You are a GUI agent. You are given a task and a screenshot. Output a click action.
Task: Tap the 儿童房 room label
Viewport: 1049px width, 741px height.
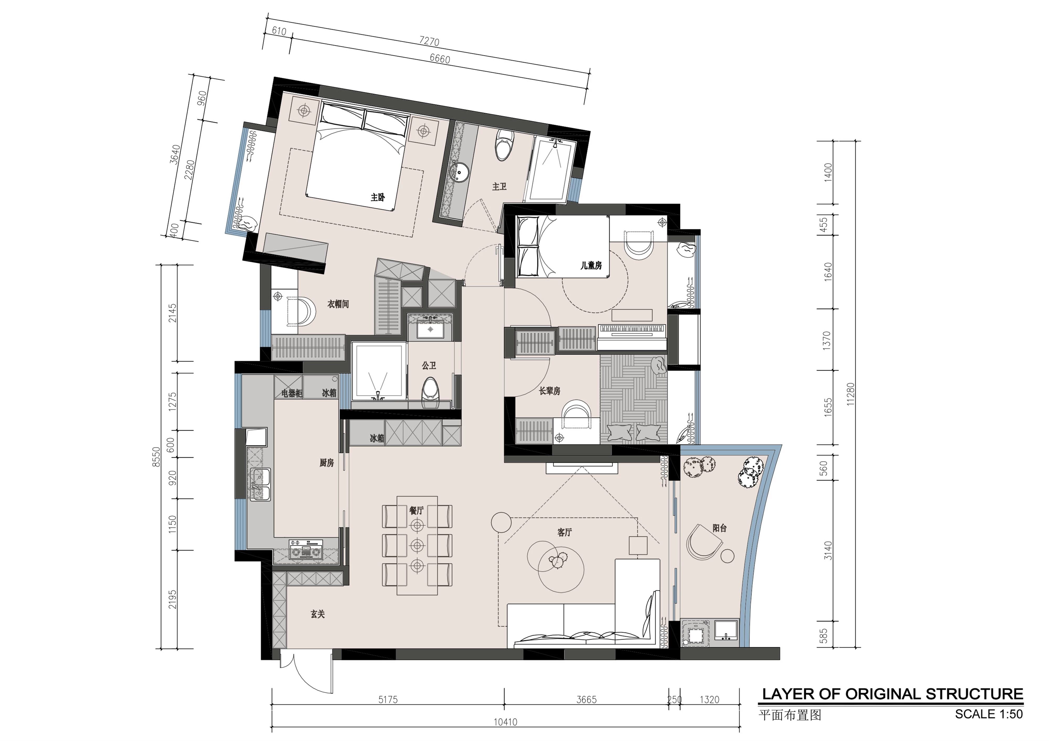click(591, 265)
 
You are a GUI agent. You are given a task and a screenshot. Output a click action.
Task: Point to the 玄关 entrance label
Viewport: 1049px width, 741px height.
click(318, 615)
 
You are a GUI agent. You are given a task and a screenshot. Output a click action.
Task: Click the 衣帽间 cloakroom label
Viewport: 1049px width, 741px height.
click(338, 304)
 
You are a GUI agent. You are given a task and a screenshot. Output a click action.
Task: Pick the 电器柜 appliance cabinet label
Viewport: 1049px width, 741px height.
click(291, 393)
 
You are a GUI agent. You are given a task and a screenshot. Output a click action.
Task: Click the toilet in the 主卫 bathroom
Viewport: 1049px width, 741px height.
click(504, 144)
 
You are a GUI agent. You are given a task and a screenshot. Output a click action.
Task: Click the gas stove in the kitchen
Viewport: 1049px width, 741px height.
click(306, 551)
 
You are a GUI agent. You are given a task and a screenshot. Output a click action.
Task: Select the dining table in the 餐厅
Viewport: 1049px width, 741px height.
click(417, 545)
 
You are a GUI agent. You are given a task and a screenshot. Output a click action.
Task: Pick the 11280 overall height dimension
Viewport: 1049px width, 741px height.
click(850, 393)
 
